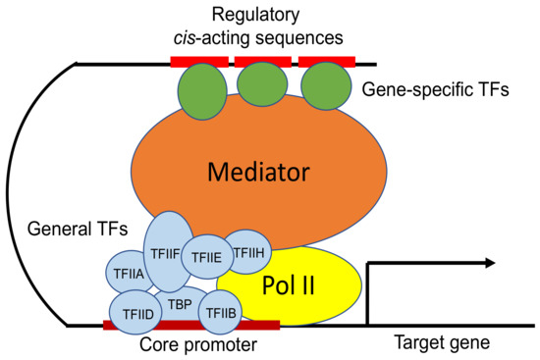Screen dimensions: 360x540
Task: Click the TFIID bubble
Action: pos(136,312)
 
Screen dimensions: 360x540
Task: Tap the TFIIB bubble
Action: pos(220,312)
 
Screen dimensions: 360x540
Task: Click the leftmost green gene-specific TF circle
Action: pos(200,85)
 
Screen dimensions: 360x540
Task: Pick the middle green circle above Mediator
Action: pos(263,85)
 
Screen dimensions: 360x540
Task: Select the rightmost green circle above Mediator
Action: pos(326,85)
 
